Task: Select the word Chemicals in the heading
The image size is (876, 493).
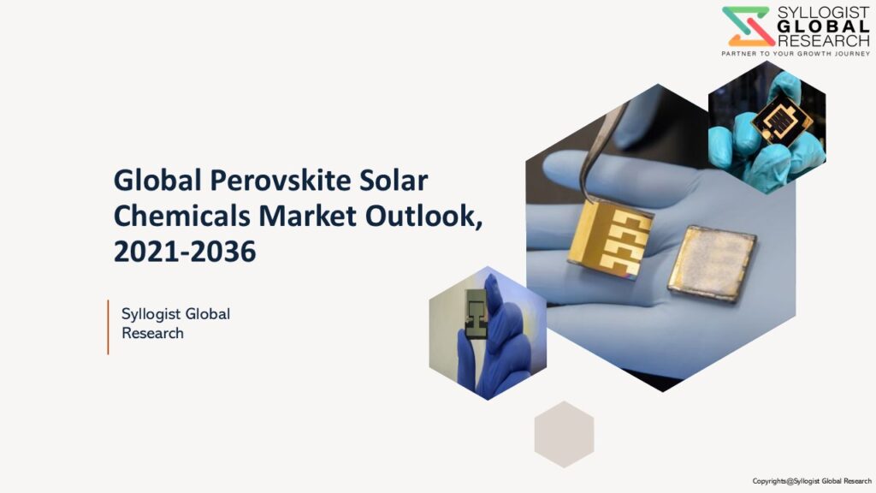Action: click(x=181, y=216)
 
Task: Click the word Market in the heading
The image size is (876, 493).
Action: click(x=307, y=216)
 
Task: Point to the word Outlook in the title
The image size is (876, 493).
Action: click(x=421, y=216)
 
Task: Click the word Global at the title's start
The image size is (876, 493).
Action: click(x=157, y=181)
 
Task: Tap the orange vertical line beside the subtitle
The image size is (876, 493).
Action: click(x=108, y=327)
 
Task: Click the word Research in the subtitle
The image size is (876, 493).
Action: click(x=152, y=333)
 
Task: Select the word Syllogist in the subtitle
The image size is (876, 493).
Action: click(x=150, y=315)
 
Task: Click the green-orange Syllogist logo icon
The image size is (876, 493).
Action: click(x=748, y=27)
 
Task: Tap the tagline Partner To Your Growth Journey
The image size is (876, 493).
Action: click(x=796, y=54)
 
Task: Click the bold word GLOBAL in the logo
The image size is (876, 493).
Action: click(x=824, y=27)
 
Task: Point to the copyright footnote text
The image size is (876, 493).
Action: click(x=812, y=481)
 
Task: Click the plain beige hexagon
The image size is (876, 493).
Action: click(x=564, y=434)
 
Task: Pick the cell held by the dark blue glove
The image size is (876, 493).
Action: click(x=476, y=314)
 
